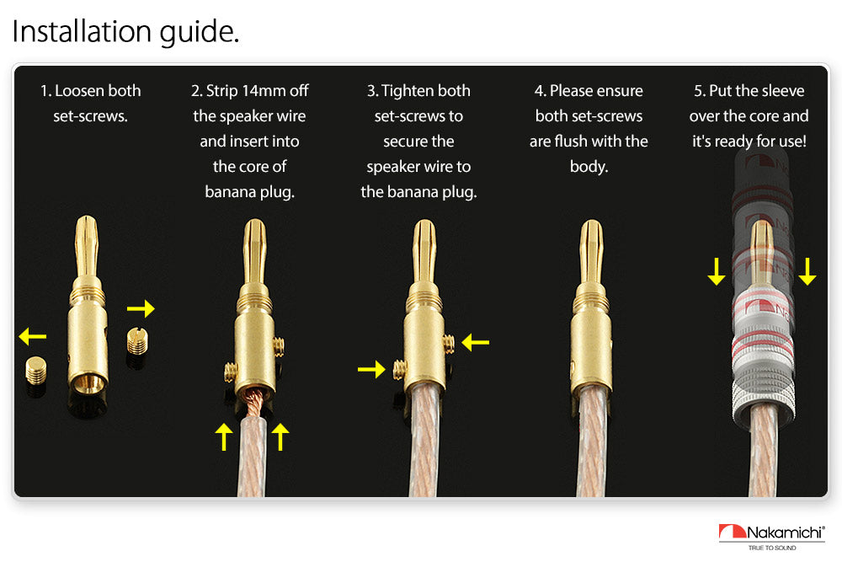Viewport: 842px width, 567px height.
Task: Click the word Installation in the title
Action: pyautogui.click(x=83, y=30)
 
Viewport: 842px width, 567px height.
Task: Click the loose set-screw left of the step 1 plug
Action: pyautogui.click(x=36, y=371)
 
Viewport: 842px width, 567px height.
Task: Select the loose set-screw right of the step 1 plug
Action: pyautogui.click(x=137, y=341)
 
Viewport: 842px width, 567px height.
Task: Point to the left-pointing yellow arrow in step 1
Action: pyautogui.click(x=32, y=337)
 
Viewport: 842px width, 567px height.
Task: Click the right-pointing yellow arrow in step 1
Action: pyautogui.click(x=141, y=308)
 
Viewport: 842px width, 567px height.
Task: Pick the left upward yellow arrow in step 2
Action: pyautogui.click(x=224, y=436)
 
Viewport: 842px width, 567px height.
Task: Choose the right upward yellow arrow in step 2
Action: pyautogui.click(x=280, y=436)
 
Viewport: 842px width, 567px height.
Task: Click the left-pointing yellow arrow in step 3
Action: pyautogui.click(x=475, y=342)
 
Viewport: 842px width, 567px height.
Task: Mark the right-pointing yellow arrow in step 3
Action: pyautogui.click(x=371, y=369)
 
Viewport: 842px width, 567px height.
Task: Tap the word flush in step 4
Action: pyautogui.click(x=570, y=142)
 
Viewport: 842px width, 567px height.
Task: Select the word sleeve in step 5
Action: pyautogui.click(x=783, y=91)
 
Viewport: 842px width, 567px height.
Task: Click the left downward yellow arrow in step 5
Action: pyautogui.click(x=717, y=271)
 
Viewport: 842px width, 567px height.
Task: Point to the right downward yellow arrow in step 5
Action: pyautogui.click(x=807, y=271)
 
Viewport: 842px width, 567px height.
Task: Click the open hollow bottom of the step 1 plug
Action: pyautogui.click(x=88, y=382)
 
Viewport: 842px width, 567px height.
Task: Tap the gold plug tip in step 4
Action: pyautogui.click(x=591, y=252)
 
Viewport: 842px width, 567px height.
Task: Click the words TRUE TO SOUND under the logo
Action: pyautogui.click(x=772, y=548)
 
